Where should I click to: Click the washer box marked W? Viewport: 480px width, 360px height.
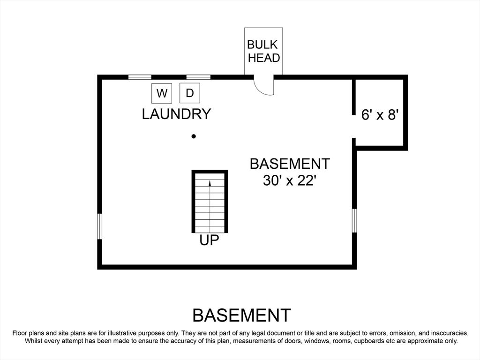162,93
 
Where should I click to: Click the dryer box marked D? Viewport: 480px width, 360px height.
190,93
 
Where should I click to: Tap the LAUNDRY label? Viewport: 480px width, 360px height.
177,114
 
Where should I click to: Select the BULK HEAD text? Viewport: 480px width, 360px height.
263,51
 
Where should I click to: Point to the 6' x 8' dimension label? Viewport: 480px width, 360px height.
380,115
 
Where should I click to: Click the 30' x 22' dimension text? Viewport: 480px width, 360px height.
289,180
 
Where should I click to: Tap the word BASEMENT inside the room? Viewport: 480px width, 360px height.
290,164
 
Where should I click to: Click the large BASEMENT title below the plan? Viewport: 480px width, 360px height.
242,315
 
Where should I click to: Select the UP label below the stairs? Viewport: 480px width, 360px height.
210,240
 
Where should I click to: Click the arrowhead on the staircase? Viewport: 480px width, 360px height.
210,183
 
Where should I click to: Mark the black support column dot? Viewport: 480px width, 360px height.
194,136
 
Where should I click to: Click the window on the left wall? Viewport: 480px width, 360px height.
99,226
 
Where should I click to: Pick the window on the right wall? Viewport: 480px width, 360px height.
354,220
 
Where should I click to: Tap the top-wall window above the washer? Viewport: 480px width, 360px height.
140,77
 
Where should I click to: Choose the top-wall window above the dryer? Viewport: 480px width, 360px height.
198,77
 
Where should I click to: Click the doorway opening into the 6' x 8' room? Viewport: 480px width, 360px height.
354,127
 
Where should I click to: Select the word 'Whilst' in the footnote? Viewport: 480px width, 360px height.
34,341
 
